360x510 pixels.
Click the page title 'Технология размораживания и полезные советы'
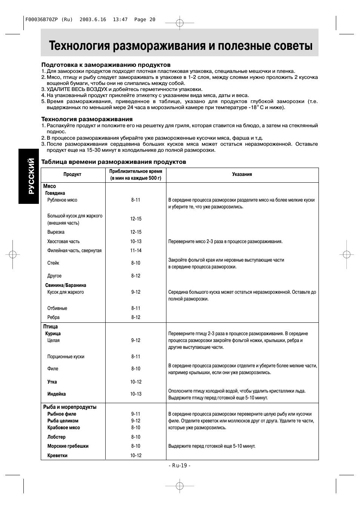[x=181, y=46]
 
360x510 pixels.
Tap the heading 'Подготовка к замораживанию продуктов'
[x=106, y=65]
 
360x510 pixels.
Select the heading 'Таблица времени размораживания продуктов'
[x=114, y=162]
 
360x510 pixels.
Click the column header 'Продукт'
[x=72, y=174]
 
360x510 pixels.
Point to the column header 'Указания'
[x=242, y=174]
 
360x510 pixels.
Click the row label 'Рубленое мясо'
[x=62, y=200]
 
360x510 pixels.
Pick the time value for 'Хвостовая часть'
[x=136, y=242]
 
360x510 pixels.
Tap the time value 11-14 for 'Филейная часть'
[x=136, y=251]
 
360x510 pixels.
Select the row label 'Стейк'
[x=53, y=263]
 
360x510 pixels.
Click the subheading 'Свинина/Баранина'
[x=66, y=285]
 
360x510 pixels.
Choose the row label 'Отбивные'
[x=57, y=308]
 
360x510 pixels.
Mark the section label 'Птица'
[x=51, y=327]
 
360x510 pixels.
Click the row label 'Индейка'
[x=57, y=394]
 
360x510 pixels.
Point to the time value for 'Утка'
[x=136, y=382]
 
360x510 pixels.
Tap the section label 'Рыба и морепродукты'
[x=70, y=407]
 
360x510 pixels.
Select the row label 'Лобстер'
[x=57, y=437]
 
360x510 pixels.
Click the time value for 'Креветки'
[x=136, y=456]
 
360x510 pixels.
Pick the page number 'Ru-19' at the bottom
[x=180, y=465]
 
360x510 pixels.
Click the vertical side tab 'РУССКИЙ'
[x=29, y=176]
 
